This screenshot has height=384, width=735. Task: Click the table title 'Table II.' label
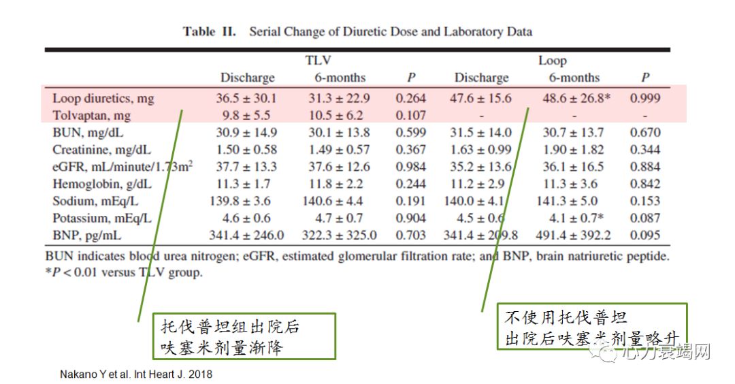coord(210,32)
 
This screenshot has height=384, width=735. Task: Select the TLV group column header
coord(318,61)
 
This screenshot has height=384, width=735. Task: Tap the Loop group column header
coord(552,61)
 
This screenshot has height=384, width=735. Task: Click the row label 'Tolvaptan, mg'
coord(91,116)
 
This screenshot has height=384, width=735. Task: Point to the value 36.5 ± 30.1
coord(246,99)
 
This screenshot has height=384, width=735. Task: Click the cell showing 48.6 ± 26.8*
coord(576,99)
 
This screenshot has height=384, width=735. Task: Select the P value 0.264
coord(411,99)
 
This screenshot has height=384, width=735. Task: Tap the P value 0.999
coord(644,99)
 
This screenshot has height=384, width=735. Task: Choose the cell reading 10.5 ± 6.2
coord(340,116)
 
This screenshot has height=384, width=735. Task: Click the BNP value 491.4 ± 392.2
coord(576,236)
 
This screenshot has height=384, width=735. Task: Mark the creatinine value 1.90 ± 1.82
coord(576,150)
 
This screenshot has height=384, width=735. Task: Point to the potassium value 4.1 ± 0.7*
coord(576,219)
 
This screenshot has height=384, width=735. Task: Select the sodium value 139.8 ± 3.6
coord(246,201)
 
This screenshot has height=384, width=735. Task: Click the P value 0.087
coord(644,219)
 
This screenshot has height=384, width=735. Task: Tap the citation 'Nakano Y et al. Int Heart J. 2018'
coord(136,374)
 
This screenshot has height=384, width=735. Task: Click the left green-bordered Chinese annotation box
coord(244,336)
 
